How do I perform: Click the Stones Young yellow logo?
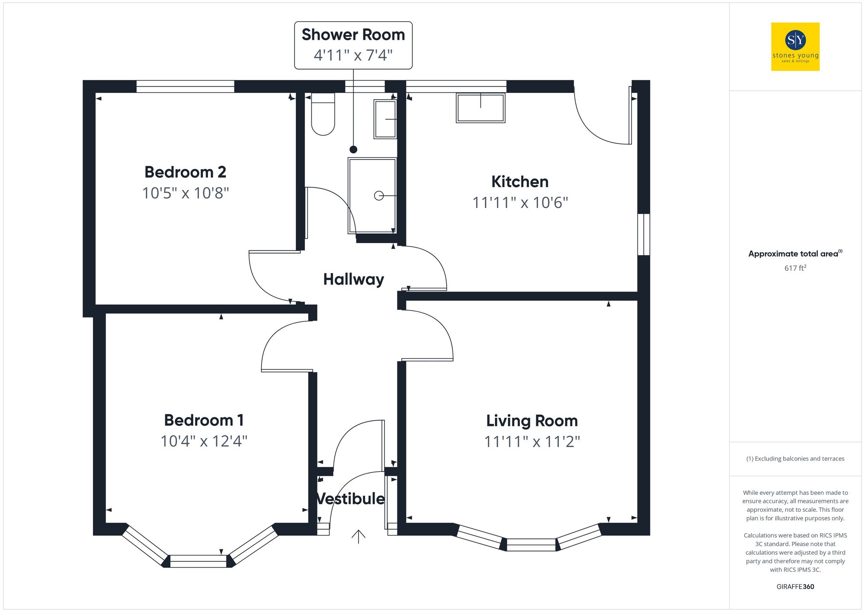pos(795,47)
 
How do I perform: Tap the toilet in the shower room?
pos(323,115)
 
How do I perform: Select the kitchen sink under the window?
pos(480,108)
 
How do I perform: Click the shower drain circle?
pos(378,196)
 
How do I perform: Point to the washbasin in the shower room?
pos(385,119)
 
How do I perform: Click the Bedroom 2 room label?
pos(185,172)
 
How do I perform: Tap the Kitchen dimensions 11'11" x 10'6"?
pos(520,202)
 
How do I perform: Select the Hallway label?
pos(353,279)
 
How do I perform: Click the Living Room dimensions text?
pos(532,442)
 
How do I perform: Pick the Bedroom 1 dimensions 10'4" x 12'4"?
pos(204,441)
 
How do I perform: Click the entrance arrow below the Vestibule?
pos(358,536)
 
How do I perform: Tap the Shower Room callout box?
pos(353,45)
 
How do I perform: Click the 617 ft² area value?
pos(795,268)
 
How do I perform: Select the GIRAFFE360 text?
pos(795,586)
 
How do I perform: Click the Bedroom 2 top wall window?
pos(185,87)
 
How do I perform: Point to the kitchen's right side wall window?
pos(644,234)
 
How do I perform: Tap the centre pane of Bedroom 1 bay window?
pos(198,561)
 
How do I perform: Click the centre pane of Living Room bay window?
pos(531,545)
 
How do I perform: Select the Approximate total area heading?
pos(795,254)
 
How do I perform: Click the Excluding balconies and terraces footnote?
pos(795,458)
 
